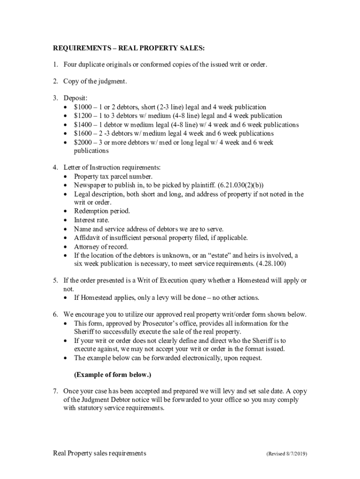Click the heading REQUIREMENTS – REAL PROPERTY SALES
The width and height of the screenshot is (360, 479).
tap(129, 48)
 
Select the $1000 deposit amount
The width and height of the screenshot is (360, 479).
tap(83, 107)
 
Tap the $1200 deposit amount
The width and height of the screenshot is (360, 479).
tap(83, 116)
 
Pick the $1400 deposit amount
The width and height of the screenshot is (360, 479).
tap(83, 124)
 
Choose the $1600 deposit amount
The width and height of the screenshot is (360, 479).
tap(83, 133)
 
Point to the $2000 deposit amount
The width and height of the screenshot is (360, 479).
tap(83, 142)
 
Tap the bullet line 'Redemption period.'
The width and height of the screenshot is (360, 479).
tap(102, 211)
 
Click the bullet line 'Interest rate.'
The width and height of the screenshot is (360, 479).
tap(92, 220)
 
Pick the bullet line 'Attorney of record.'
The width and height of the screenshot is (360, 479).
tap(101, 247)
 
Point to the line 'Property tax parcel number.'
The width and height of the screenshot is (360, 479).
tap(113, 176)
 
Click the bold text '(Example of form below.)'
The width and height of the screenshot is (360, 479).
tap(112, 375)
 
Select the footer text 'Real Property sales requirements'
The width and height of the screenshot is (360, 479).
tap(99, 453)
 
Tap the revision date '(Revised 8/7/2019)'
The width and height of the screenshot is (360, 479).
tap(287, 454)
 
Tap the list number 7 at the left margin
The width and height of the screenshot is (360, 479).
tap(54, 391)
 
